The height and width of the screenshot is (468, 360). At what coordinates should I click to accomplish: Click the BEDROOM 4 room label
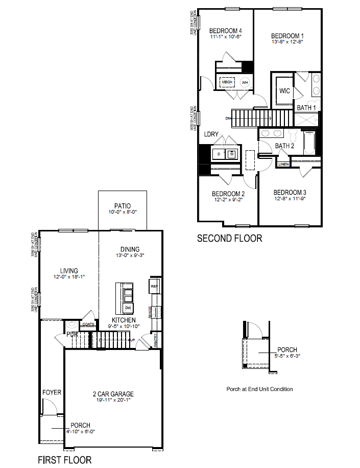point(225,30)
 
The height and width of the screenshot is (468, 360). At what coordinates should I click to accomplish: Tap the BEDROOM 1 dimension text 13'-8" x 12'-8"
point(287,42)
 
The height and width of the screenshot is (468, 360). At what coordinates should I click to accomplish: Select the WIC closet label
point(285,91)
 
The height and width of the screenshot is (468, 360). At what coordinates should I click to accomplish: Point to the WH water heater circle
point(245,82)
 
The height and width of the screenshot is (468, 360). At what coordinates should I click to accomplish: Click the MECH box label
point(227,82)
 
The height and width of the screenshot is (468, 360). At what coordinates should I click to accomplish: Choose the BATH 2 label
point(285,146)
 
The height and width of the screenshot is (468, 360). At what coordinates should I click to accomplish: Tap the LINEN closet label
point(284,164)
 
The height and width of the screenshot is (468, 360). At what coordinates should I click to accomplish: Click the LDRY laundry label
point(211,134)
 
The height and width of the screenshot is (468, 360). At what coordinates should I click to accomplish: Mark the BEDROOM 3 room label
point(290,192)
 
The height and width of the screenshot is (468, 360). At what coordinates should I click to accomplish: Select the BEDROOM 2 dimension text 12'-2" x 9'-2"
point(228,200)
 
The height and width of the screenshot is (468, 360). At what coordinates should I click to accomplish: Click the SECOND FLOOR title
point(229,238)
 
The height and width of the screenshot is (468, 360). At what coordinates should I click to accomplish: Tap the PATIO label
point(123,206)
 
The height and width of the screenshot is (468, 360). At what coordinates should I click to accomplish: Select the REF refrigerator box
point(154,287)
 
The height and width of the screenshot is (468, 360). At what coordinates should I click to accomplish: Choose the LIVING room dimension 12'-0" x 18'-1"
point(68,277)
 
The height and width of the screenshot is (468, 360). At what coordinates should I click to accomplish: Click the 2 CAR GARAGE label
point(113,394)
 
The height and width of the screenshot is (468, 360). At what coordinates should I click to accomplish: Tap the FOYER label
point(52,392)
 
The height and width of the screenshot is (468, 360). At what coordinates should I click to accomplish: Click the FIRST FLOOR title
point(65,460)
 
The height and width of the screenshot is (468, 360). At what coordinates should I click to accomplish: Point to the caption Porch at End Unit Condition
point(259,389)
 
